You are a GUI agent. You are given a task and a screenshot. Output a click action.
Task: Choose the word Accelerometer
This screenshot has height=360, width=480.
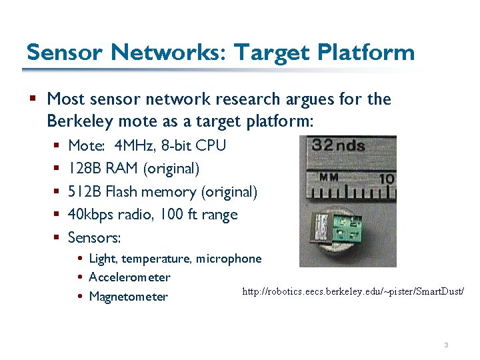pyautogui.click(x=129, y=277)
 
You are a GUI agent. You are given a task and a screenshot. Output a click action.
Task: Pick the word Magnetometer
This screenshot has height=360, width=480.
pyautogui.click(x=128, y=297)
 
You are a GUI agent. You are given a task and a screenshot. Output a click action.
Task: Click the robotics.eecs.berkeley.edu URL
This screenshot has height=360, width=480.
pyautogui.click(x=353, y=292)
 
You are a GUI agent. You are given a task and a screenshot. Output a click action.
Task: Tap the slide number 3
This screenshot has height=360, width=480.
pyautogui.click(x=445, y=345)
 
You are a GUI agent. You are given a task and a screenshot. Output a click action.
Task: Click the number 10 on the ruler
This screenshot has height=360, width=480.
pyautogui.click(x=387, y=179)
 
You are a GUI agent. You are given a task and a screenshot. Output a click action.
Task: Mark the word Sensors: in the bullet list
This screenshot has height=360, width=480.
pyautogui.click(x=94, y=237)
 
